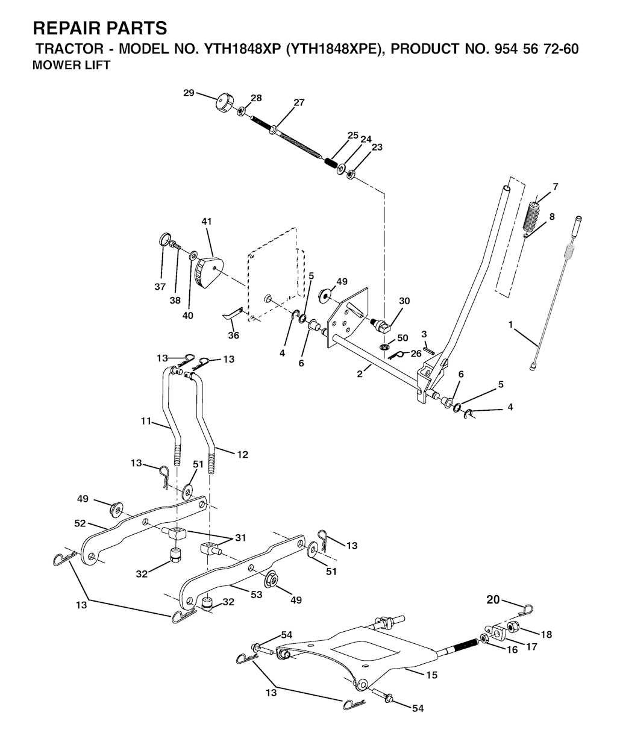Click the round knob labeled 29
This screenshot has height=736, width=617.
click(x=225, y=103)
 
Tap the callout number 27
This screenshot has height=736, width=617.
click(x=299, y=102)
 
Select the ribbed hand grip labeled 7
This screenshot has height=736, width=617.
click(x=533, y=216)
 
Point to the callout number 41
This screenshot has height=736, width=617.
click(x=207, y=222)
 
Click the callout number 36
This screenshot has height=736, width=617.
click(x=233, y=335)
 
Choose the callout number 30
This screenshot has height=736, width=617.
click(x=404, y=301)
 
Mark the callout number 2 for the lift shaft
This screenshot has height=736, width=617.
click(x=360, y=374)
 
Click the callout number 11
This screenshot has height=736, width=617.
click(x=146, y=421)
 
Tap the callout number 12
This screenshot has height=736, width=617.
click(x=243, y=455)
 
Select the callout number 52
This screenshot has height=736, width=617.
click(x=80, y=523)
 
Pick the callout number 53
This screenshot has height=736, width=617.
click(x=256, y=594)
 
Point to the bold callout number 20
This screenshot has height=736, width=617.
click(x=493, y=600)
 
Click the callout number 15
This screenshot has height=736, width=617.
click(x=431, y=675)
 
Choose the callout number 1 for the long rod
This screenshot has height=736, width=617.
click(x=510, y=324)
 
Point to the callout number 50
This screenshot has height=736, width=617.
click(x=402, y=338)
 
